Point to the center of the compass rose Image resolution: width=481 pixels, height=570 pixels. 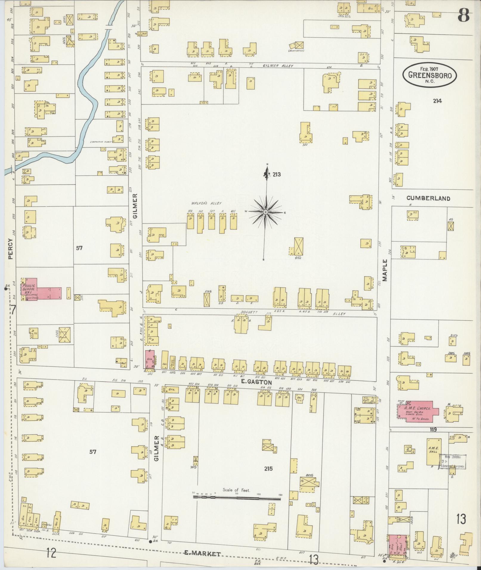tap(265, 212)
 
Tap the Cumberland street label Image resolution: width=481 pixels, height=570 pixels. tap(428, 198)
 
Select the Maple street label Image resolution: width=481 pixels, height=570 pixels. tap(385, 270)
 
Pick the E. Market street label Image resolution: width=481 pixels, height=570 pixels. tap(203, 554)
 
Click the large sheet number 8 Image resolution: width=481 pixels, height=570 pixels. tap(464, 15)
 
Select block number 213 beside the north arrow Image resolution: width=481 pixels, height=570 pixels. tap(276, 175)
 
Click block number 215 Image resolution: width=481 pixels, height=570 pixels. tap(268, 469)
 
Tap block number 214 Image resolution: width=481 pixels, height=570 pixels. tap(437, 101)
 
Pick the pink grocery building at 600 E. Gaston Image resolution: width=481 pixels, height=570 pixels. tap(150, 359)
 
